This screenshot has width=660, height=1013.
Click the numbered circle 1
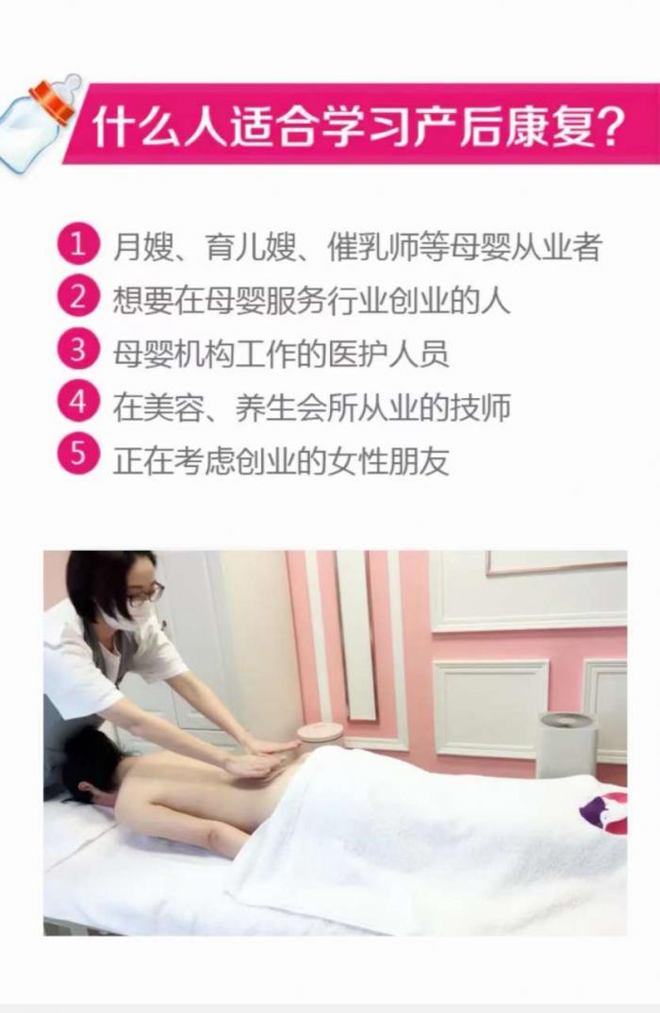click(x=78, y=245)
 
